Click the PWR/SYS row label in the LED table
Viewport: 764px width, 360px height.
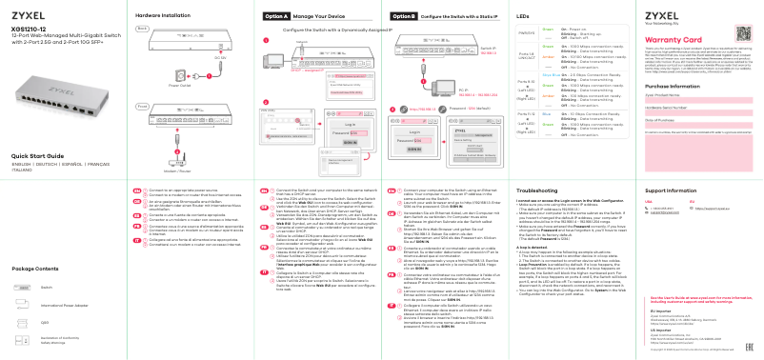tap(525, 34)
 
